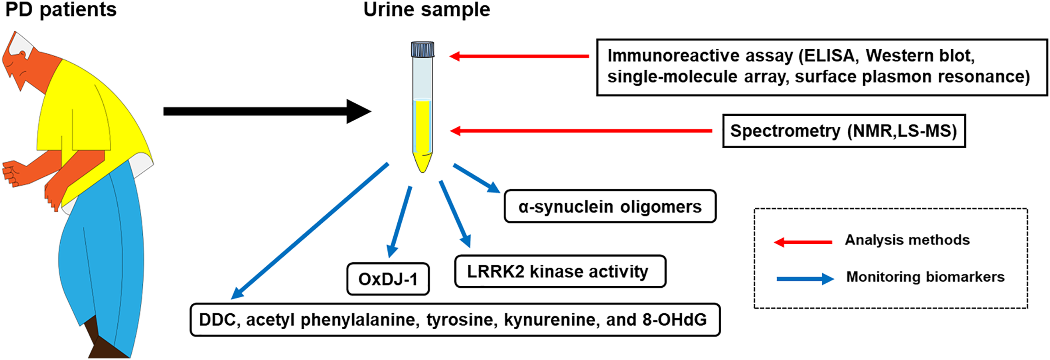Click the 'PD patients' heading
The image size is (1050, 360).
(61, 10)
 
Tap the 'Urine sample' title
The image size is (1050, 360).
(426, 10)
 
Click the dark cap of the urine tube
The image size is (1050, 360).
(423, 49)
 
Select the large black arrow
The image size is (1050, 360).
(267, 111)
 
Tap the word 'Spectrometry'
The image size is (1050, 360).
(785, 131)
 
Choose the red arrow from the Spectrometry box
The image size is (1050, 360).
(581, 131)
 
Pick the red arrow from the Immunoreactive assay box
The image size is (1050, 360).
(519, 56)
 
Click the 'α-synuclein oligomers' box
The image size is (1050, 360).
(610, 206)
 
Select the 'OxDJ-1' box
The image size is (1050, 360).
(388, 279)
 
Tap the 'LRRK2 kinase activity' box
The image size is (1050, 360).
(561, 271)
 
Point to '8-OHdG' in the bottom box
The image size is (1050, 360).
(675, 320)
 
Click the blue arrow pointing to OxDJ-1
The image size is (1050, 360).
(399, 222)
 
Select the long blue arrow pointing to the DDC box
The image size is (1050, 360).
(310, 231)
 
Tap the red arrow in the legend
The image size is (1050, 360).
(803, 242)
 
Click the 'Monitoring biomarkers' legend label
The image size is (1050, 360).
(925, 277)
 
